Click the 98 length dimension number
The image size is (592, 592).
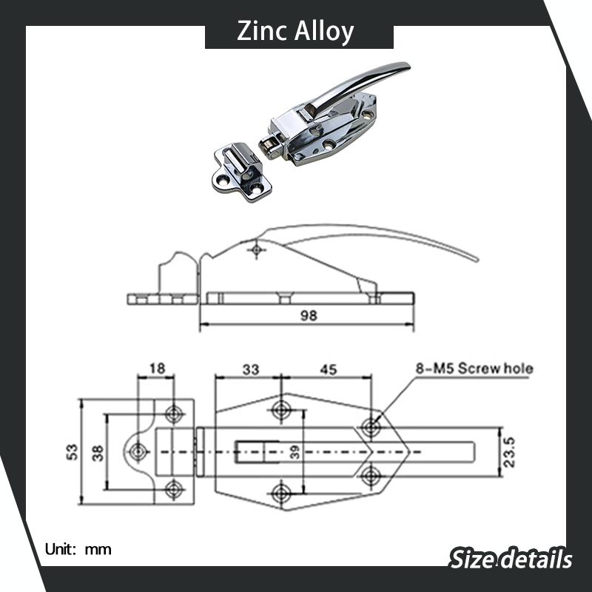tap(309, 316)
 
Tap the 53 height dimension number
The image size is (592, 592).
tap(72, 452)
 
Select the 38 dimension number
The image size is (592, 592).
tap(98, 453)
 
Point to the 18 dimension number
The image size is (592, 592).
tap(157, 368)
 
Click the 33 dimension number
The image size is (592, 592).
tap(251, 369)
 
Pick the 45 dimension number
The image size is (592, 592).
tap(328, 369)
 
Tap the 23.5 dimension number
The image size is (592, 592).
tap(509, 452)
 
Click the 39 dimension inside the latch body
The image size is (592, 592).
tap(295, 452)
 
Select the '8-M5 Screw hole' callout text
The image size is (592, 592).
tap(474, 368)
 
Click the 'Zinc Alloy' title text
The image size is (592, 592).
tap(295, 31)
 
